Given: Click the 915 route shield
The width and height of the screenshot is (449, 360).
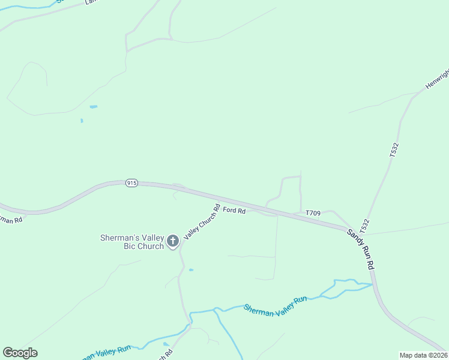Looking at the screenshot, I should coord(132,183).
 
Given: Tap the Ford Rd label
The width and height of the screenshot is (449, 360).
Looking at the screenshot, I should coord(234,211).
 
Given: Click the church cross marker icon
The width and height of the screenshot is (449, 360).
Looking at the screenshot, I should coord(173,241).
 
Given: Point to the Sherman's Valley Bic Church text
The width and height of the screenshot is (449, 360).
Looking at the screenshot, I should coord(131,242).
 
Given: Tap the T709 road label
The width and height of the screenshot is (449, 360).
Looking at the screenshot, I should coord(313,213).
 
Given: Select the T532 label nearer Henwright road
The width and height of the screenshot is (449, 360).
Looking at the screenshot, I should coord(394,149).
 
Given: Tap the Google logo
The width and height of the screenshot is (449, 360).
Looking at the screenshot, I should coord(20,353).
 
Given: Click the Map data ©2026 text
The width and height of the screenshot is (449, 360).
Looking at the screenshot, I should coord(423,355).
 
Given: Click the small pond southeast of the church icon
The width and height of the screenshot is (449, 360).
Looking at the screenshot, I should coord(191,270).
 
